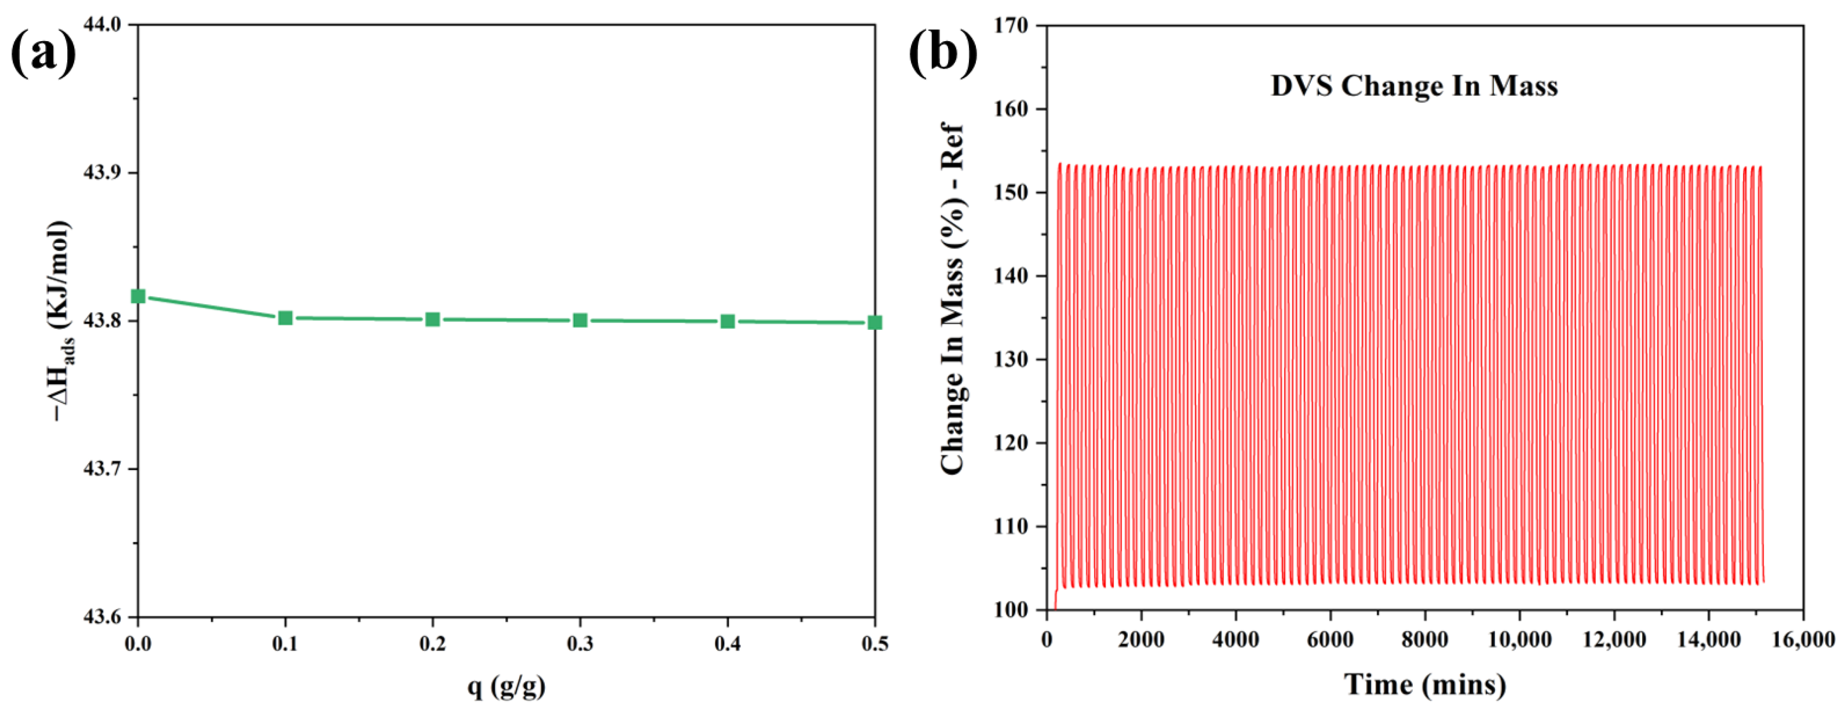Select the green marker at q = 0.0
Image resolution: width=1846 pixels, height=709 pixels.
pos(138,296)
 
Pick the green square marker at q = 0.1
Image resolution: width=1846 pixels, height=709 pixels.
pos(285,318)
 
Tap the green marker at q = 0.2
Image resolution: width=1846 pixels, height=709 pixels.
pos(433,319)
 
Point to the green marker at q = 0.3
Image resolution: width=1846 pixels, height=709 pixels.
pos(580,320)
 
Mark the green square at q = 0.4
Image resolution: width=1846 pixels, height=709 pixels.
pos(727,321)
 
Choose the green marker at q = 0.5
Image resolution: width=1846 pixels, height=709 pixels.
pos(874,322)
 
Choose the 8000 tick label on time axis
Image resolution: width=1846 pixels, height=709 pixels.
pos(1425,639)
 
